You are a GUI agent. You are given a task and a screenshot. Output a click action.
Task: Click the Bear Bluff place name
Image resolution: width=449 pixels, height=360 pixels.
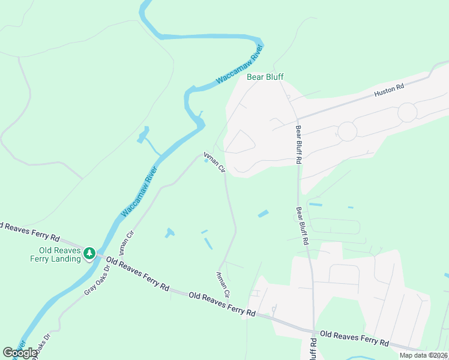point(265,77)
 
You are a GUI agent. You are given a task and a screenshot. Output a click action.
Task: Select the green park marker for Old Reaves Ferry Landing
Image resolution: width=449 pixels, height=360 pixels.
point(89,253)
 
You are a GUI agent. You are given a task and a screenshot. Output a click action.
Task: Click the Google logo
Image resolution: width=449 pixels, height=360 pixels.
point(20,352)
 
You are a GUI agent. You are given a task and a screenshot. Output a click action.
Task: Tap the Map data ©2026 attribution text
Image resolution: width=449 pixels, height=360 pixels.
point(424,355)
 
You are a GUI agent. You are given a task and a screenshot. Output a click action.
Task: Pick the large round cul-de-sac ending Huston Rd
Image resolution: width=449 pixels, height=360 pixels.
point(407,112)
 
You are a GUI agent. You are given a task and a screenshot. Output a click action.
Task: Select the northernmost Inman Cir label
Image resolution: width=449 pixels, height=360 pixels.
point(214,162)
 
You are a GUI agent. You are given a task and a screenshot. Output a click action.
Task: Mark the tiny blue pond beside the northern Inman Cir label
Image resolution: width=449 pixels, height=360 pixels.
point(206,160)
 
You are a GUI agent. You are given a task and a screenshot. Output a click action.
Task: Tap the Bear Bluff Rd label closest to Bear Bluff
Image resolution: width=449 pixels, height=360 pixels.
point(298,144)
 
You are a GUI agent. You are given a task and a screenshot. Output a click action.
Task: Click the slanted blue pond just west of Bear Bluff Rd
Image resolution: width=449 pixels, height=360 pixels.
point(263,213)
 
